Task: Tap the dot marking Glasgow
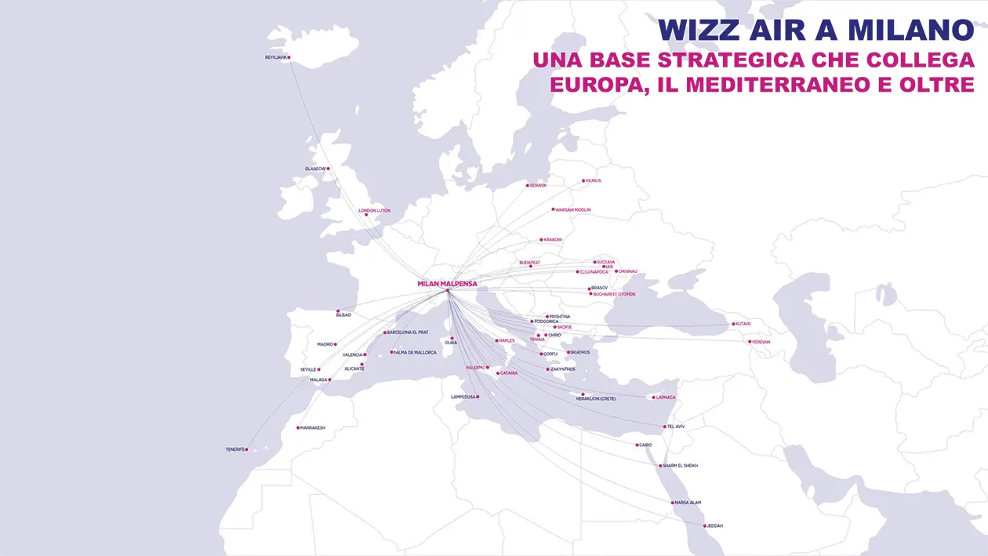329,169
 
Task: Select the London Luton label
374,210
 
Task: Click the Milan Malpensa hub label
448,283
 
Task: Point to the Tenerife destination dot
246,449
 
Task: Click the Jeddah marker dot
705,525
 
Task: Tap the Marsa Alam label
688,503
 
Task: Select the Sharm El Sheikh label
681,466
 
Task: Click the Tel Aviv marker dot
664,427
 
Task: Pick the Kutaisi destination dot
734,324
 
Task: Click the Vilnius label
594,181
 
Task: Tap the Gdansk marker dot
528,186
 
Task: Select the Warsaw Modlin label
573,210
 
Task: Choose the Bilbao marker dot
338,311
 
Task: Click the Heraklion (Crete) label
596,399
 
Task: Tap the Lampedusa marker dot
478,397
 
